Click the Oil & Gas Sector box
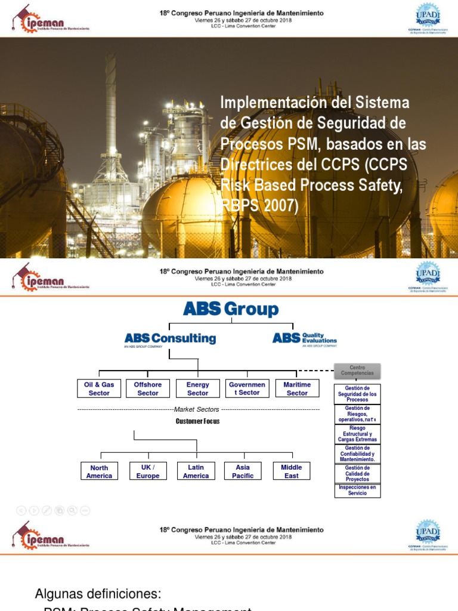(x=99, y=388)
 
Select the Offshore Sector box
(x=148, y=388)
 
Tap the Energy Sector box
(x=197, y=388)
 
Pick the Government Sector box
(x=247, y=388)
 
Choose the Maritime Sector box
(x=297, y=388)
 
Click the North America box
(x=99, y=471)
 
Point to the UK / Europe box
(x=148, y=471)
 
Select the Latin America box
(x=196, y=471)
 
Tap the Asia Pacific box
(x=243, y=471)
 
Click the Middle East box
(x=292, y=471)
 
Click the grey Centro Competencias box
(x=357, y=371)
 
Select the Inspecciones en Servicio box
(x=357, y=490)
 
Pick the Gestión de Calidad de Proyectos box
(x=357, y=474)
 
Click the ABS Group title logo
(x=230, y=309)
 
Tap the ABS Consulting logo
(x=170, y=339)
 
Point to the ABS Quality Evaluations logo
(x=305, y=339)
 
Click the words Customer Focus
(x=197, y=421)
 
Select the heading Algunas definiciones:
(x=98, y=594)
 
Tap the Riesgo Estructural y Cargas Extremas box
(x=357, y=434)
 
